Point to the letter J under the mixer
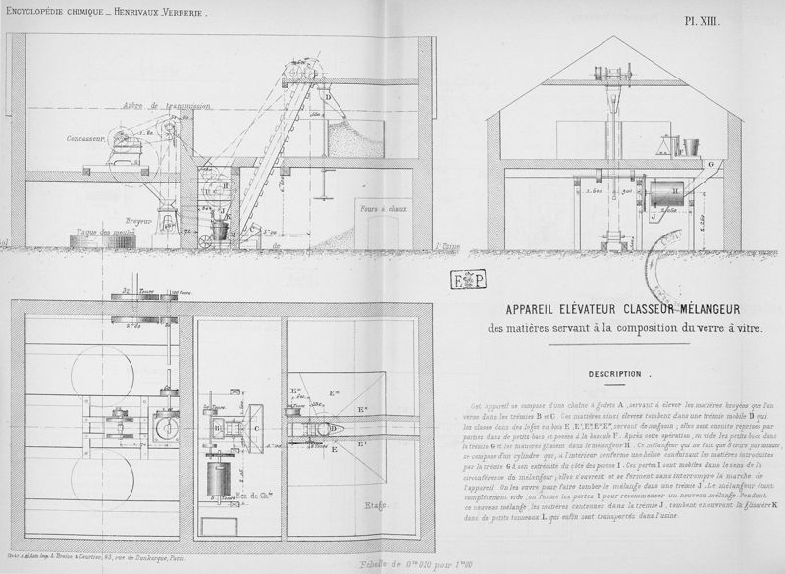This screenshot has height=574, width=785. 653,215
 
